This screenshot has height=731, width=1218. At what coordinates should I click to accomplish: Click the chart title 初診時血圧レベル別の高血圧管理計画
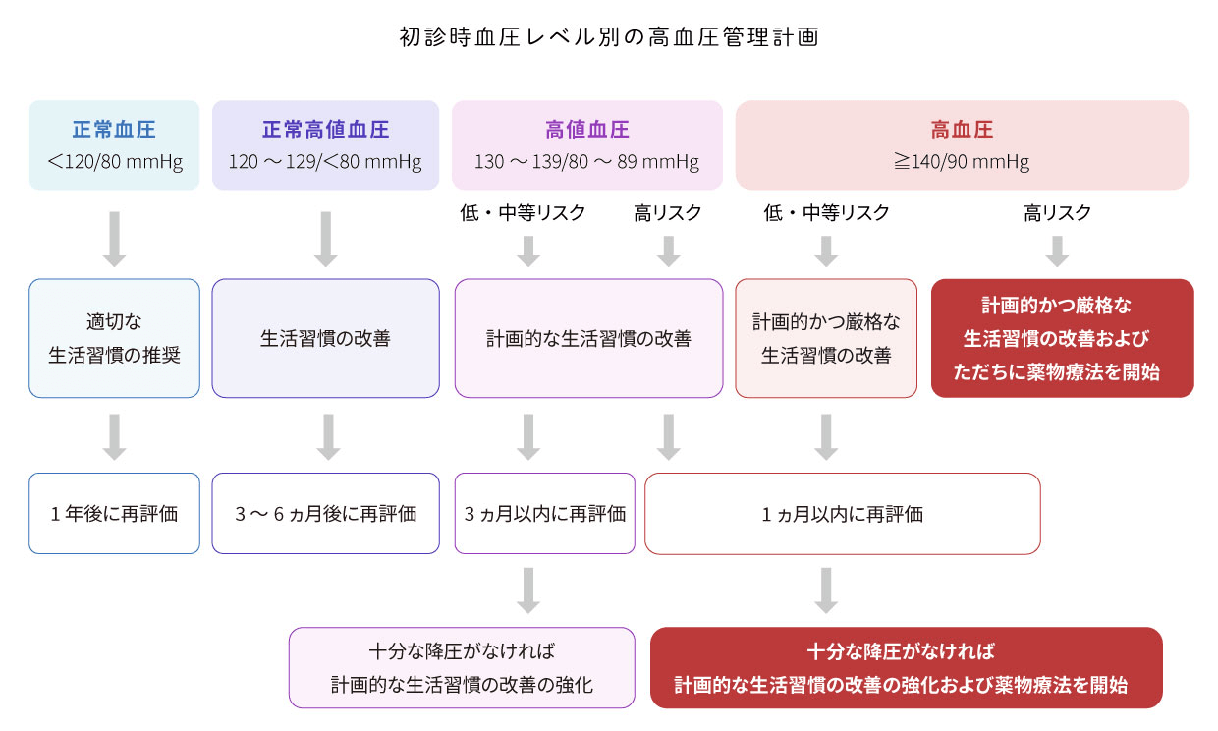coord(609,37)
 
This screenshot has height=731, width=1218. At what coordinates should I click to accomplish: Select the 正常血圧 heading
coord(114,130)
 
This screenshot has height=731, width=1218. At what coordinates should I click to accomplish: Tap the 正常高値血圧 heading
coord(325,130)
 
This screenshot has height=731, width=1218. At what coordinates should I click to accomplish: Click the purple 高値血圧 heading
coord(586,130)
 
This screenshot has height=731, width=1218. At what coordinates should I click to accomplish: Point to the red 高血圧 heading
coord(962,130)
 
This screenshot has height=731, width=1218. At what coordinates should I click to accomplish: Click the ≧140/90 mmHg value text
coord(962,162)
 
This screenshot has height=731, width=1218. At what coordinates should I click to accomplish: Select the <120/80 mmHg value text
coord(114,162)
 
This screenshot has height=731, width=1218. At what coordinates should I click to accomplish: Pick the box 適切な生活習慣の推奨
coord(114,338)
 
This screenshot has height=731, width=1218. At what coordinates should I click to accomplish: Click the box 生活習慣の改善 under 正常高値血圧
coord(325,338)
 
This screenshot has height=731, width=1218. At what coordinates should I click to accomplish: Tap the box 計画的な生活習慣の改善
coord(588,338)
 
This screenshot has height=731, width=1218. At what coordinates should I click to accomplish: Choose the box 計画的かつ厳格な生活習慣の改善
coord(826,338)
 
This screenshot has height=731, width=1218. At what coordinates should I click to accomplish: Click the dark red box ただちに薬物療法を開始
coord(1062,338)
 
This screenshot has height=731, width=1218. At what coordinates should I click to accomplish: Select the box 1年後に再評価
coord(114,514)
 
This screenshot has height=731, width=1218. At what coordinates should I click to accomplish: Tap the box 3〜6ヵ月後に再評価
coord(325,514)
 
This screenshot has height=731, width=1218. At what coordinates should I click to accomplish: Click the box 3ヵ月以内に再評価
coord(545,514)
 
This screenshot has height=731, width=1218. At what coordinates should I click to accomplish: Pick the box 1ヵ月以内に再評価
coord(842,514)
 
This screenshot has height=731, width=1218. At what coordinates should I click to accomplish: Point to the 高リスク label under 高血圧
coord(1057,213)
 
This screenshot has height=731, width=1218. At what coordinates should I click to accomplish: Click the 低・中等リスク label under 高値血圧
coord(523,213)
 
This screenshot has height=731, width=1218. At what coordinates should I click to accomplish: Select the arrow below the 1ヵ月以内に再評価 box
coord(826,590)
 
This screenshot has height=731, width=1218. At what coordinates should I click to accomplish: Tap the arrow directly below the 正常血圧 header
coord(114,239)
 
